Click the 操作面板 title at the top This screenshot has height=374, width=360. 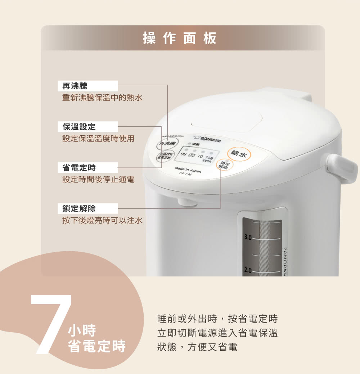(x=180, y=38)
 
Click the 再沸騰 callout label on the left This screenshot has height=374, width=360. (x=75, y=86)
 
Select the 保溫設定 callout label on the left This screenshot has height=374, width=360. (x=79, y=127)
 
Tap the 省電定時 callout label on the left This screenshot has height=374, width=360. (x=79, y=167)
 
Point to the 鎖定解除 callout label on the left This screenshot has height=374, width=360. (x=79, y=208)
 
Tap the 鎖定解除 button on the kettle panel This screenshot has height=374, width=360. (x=225, y=165)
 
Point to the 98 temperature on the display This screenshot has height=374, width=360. (x=184, y=155)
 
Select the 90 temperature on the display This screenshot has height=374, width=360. (x=192, y=155)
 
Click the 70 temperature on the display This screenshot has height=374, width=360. (x=200, y=156)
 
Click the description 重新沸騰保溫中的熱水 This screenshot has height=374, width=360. (x=102, y=98)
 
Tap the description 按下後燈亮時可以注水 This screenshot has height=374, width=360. (x=102, y=220)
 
